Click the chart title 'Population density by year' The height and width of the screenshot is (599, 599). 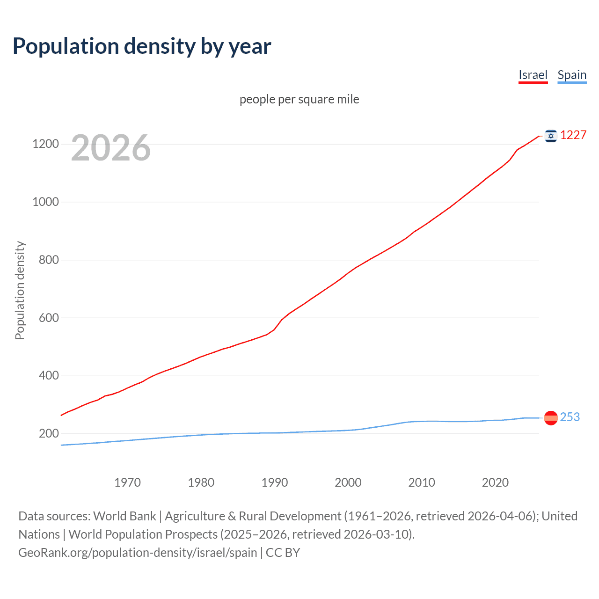click(142, 46)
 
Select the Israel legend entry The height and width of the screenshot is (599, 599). click(533, 75)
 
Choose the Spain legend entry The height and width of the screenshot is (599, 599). click(572, 75)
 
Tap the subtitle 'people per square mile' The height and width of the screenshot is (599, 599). click(299, 99)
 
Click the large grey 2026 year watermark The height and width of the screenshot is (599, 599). click(111, 148)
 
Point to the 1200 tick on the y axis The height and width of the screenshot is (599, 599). click(45, 144)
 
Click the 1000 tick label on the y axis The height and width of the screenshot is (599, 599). click(45, 202)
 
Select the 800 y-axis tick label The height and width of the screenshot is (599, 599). click(49, 260)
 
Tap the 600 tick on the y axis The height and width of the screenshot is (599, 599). click(49, 318)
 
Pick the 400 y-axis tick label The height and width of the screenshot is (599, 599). click(49, 376)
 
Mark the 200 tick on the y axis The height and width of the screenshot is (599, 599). click(49, 434)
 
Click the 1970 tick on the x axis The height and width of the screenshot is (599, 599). click(127, 482)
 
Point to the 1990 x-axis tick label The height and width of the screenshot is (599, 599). click(275, 482)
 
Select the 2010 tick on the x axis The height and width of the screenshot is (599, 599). click(422, 482)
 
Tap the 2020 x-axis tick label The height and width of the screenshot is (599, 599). click(495, 482)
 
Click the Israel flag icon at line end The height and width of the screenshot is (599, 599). click(551, 136)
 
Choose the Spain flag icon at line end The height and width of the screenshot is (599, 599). click(551, 417)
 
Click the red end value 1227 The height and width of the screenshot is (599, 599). click(573, 135)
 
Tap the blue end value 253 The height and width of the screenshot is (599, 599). click(570, 417)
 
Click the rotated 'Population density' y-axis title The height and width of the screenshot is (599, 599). click(20, 290)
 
